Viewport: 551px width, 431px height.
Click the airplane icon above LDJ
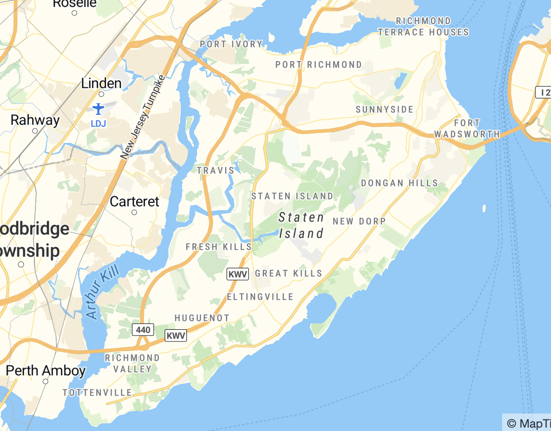[x=98, y=108]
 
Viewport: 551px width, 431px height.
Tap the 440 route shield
[x=143, y=330]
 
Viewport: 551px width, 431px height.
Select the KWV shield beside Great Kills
[x=238, y=274]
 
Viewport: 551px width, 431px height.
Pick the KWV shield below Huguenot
[x=176, y=336]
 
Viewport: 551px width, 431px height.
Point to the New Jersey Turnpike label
[x=143, y=118]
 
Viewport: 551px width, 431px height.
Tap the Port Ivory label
[x=231, y=44]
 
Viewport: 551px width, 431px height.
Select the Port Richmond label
[x=319, y=64]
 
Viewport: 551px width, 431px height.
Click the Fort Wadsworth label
[x=467, y=128]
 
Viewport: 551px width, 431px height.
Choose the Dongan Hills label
[x=399, y=183]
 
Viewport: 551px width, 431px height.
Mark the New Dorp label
[x=359, y=221]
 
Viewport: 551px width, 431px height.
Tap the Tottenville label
[x=97, y=392]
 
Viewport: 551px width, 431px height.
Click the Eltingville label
[x=260, y=296]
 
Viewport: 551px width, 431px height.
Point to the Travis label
[x=215, y=170]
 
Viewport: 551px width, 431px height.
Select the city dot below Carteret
[x=134, y=212]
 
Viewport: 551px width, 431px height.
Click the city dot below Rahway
[x=35, y=131]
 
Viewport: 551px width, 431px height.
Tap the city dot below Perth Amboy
[x=46, y=381]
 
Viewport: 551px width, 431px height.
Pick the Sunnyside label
[x=384, y=109]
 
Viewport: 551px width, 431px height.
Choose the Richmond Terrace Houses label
[x=423, y=27]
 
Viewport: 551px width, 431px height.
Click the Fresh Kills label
[x=219, y=247]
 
